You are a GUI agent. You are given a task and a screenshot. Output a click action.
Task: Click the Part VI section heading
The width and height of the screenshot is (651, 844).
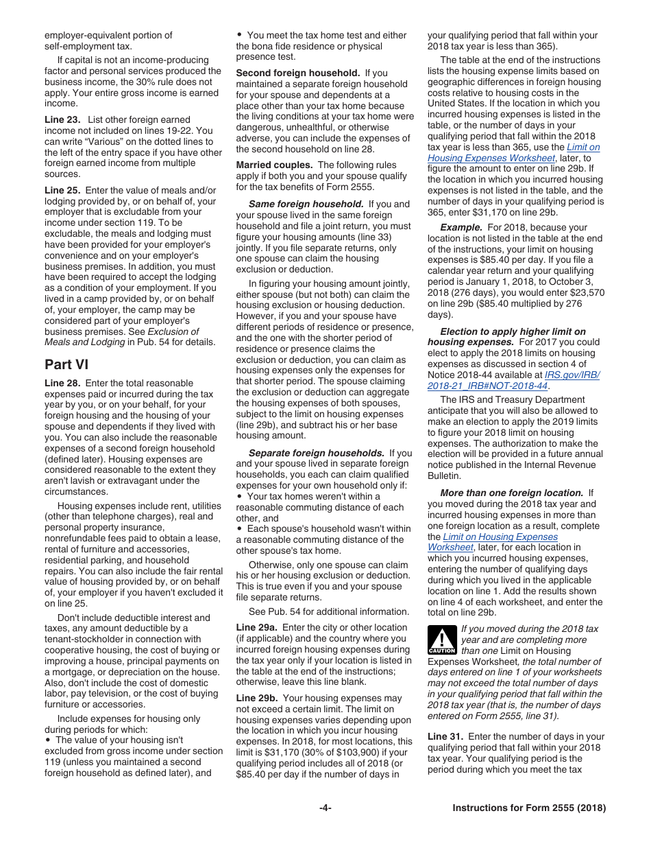point(66,364)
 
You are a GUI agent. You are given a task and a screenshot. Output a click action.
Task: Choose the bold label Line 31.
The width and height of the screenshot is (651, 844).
point(445,736)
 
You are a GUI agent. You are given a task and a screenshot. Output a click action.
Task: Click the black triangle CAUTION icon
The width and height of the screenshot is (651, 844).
point(441,640)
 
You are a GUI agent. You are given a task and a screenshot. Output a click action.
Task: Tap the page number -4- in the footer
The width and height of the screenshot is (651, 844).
point(325,808)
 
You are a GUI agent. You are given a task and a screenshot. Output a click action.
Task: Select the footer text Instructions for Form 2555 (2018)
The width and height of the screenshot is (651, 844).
point(529,808)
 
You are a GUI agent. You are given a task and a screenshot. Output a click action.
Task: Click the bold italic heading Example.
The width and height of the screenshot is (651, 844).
point(461,227)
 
